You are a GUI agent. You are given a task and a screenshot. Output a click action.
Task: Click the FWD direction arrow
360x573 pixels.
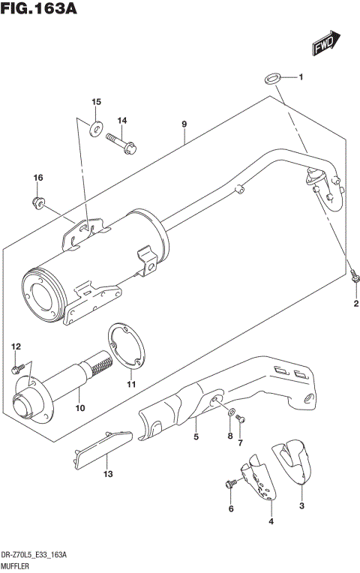click(x=326, y=43)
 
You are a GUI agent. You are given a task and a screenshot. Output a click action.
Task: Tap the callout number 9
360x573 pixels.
click(x=182, y=124)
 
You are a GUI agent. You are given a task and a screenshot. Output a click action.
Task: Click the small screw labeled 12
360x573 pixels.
click(x=16, y=368)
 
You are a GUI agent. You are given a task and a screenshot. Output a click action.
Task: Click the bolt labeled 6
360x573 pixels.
click(x=228, y=484)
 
